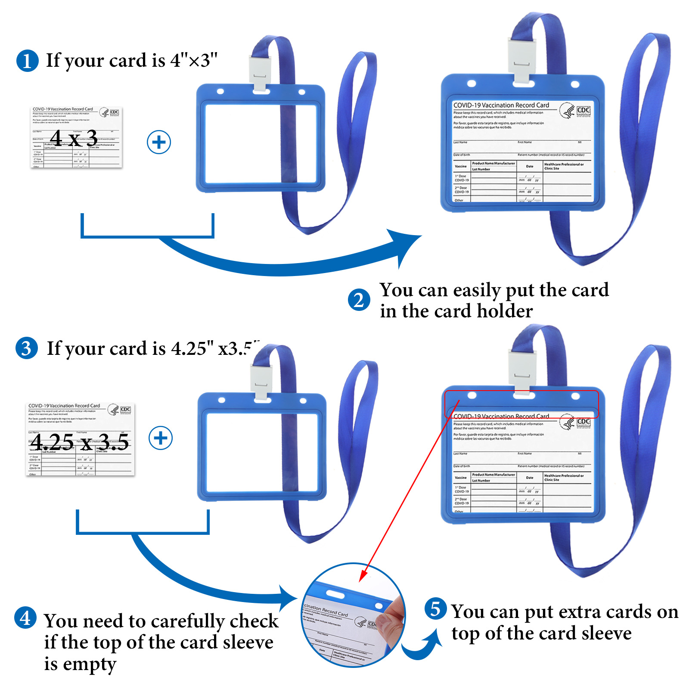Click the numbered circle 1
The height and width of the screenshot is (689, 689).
pos(27,61)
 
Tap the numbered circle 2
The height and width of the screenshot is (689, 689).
pos(359,300)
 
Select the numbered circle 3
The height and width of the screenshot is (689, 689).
pos(26,348)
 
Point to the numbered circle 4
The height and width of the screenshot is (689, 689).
pos(25,618)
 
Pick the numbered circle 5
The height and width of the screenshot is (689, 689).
pos(435,609)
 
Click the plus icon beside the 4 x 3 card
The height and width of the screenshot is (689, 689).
pos(159,142)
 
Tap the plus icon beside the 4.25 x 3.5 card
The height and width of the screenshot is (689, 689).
pos(161,438)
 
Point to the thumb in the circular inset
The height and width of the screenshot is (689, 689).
pos(394,611)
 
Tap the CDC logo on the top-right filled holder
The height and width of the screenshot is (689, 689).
pos(583,110)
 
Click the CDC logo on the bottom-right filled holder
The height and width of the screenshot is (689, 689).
pos(583,422)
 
